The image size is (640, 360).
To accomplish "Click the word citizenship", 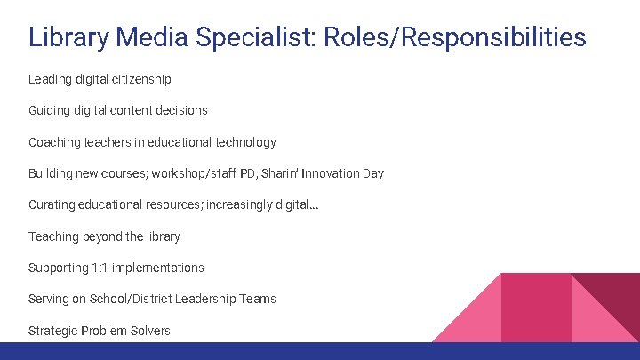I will [x=140, y=79].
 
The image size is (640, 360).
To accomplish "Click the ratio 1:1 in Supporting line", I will [x=100, y=268].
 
